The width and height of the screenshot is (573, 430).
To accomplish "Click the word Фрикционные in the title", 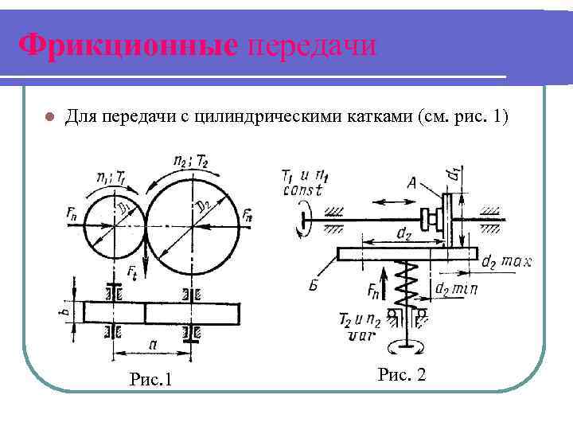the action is [x=127, y=45].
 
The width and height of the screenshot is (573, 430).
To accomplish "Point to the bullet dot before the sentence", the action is [x=49, y=117].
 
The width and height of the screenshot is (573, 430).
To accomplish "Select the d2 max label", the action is [x=507, y=260].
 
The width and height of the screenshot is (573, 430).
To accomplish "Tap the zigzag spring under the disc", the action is [x=409, y=287].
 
